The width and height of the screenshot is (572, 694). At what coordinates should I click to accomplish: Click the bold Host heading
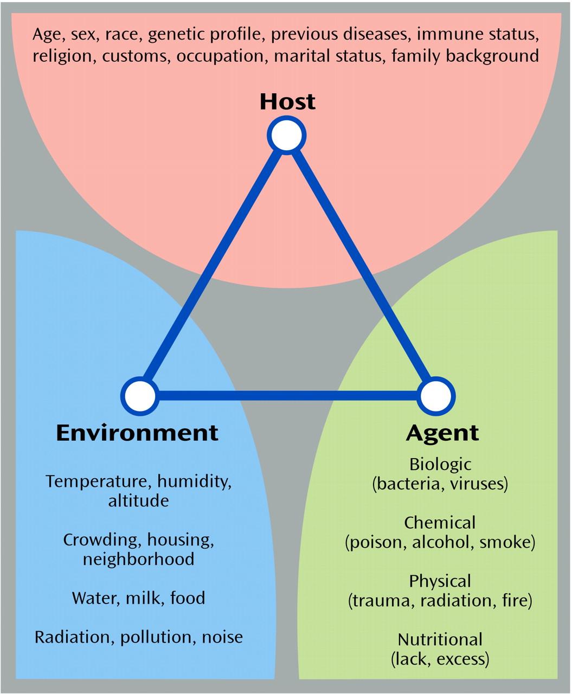point(287,102)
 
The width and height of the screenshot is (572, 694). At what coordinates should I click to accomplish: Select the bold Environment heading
point(137,433)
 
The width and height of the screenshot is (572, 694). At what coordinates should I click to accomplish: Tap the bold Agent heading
point(442,433)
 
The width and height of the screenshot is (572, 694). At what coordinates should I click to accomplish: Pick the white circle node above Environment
point(140,396)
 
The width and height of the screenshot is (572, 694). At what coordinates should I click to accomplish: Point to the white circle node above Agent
point(435,396)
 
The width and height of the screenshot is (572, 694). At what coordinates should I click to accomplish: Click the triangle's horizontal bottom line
point(287,396)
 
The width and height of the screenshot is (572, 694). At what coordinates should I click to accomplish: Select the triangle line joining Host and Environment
point(213,266)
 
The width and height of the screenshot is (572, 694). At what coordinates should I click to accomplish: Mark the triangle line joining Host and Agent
point(361,266)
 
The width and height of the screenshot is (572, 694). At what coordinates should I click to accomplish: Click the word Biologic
point(440,465)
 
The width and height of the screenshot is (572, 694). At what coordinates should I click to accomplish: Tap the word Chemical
point(440,523)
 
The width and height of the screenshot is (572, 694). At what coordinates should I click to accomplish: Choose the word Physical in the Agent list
point(440,581)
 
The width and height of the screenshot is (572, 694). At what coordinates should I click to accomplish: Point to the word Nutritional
point(440,640)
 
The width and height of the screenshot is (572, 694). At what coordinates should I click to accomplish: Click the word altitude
point(138,500)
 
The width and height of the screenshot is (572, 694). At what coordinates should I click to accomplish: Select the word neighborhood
point(138,559)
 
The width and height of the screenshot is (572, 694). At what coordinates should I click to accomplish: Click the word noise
point(222,637)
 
